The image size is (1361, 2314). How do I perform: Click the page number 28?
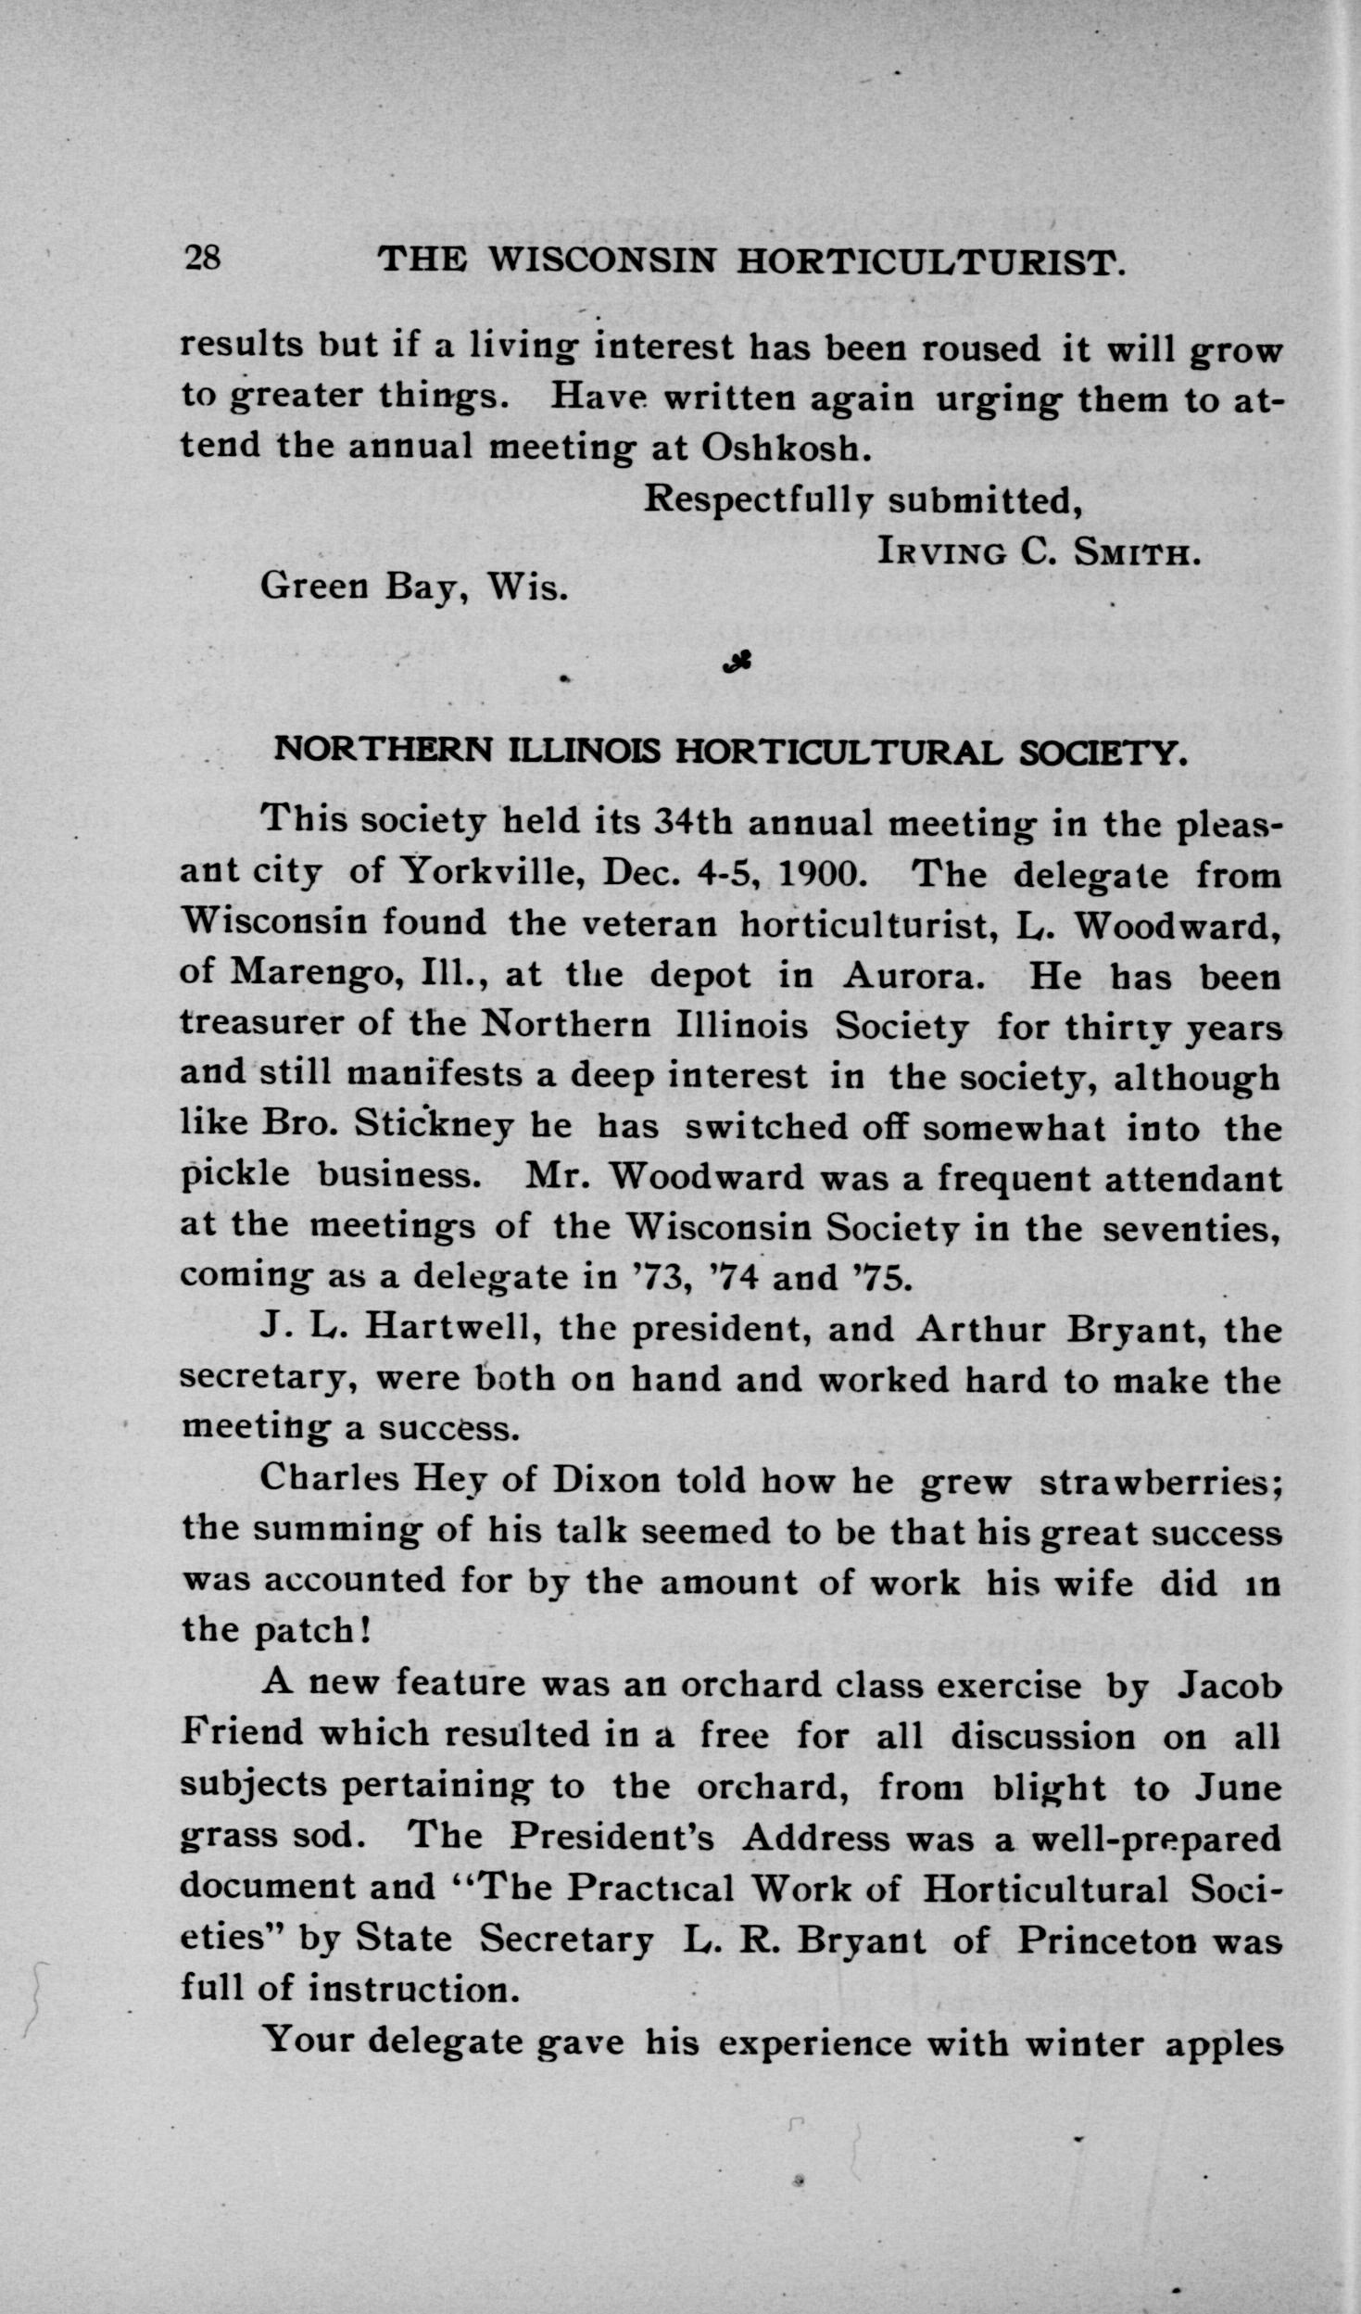(x=203, y=259)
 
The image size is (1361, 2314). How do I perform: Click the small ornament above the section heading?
(x=737, y=662)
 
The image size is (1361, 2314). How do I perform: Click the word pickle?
(x=234, y=1176)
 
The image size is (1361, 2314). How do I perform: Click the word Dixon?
(x=606, y=1478)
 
